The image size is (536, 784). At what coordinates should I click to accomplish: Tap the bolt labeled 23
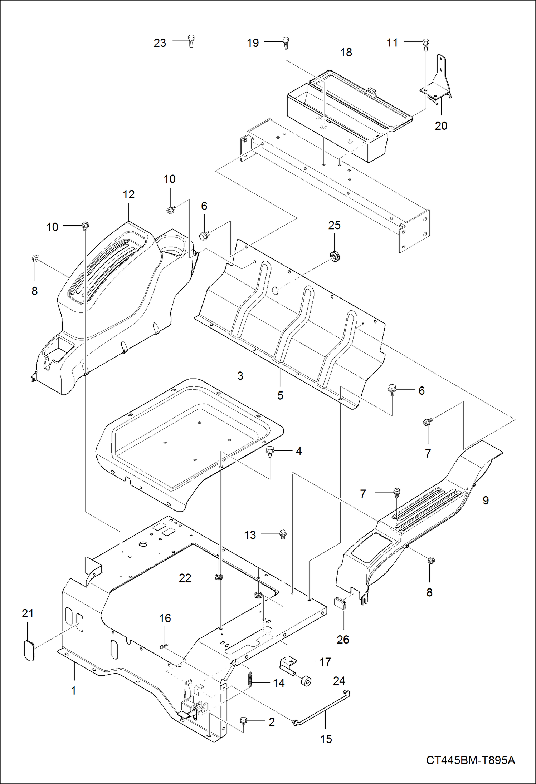[x=191, y=41]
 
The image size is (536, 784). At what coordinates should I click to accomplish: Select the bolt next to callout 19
[x=285, y=42]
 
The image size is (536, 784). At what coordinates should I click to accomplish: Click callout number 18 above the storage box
[x=346, y=53]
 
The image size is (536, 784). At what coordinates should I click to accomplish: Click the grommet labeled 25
[x=335, y=256]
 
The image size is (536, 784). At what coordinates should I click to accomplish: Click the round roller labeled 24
[x=306, y=681]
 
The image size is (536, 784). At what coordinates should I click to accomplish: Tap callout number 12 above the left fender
[x=128, y=194]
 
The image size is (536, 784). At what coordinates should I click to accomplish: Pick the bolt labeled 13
[x=283, y=534]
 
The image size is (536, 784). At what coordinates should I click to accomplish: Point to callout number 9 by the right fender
[x=486, y=500]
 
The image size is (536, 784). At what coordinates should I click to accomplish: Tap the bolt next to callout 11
[x=425, y=43]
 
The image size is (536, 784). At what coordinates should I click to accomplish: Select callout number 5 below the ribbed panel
[x=280, y=395]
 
